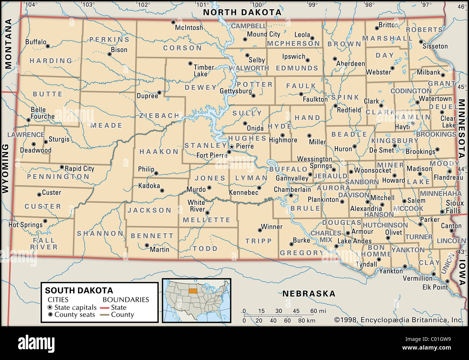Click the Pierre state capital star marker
click(x=232, y=147)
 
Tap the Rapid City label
click(x=79, y=168)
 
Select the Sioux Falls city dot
click(x=442, y=212)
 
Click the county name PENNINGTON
click(x=58, y=177)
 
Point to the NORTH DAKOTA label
click(x=242, y=12)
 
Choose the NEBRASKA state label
click(x=308, y=294)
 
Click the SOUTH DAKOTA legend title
click(x=79, y=290)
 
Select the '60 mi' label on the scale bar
click(x=318, y=311)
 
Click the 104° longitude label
click(x=31, y=5)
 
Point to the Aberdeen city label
click(x=350, y=64)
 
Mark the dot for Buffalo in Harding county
click(x=48, y=46)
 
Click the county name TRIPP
click(x=258, y=241)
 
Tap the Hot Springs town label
click(x=25, y=225)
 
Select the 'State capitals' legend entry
click(x=75, y=307)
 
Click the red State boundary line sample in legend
click(x=104, y=308)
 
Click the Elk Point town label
click(x=435, y=287)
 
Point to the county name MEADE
click(x=106, y=126)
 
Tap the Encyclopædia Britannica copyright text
click(x=399, y=320)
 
